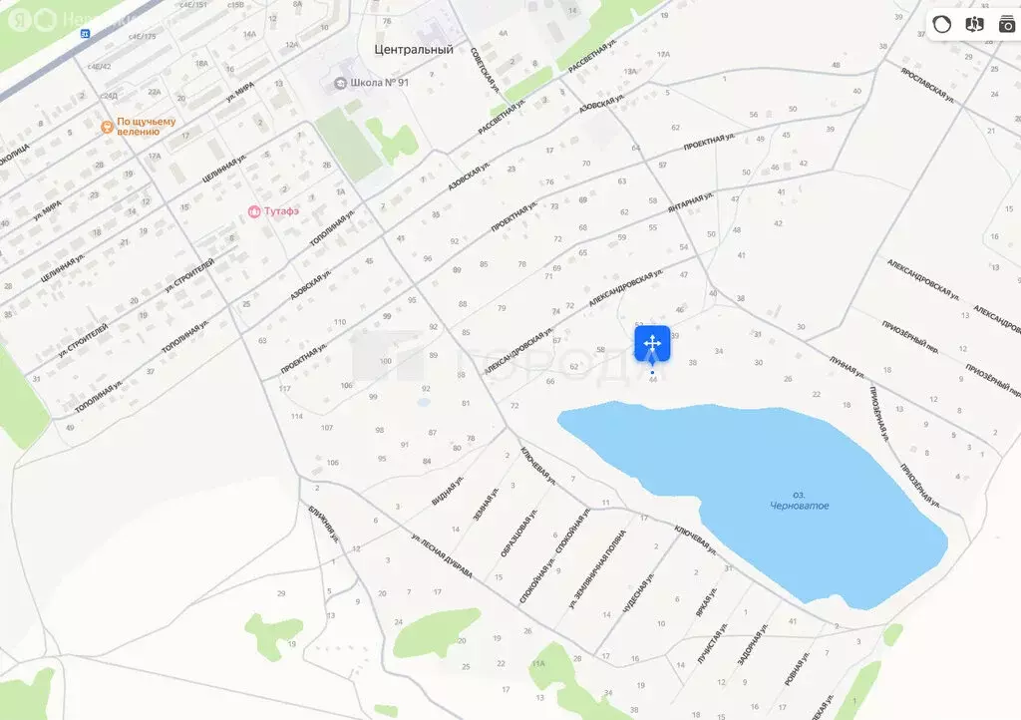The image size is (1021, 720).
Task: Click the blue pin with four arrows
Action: point(652,344)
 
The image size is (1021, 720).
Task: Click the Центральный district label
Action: point(413,49)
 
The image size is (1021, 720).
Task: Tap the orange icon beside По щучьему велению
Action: point(107,127)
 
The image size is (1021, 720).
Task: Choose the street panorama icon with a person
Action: point(974,24)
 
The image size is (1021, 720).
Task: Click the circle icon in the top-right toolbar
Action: point(942,24)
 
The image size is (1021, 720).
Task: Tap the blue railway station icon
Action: point(86,33)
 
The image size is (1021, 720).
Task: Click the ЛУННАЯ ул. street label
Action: point(846,365)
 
